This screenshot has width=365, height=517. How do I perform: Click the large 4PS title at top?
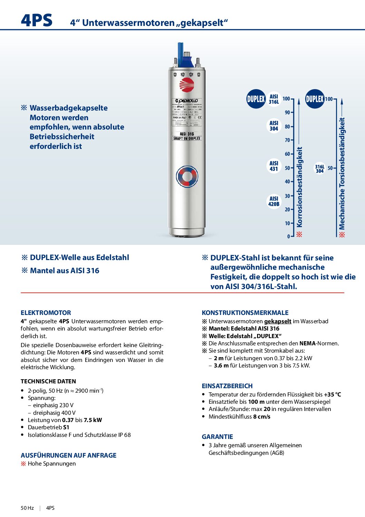coord(37,20)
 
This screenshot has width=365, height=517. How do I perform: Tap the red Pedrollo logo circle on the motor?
coord(187,85)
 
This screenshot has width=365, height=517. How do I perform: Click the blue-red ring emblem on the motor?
coord(187,176)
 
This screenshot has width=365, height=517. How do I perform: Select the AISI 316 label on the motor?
coord(187,134)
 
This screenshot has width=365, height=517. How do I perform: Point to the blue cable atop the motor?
coord(180,52)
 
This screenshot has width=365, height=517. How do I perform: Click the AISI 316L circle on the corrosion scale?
coord(274,99)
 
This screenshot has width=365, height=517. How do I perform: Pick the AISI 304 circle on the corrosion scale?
coord(274,126)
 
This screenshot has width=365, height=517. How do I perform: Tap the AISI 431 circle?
coord(274,166)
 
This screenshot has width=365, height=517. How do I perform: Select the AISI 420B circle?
coord(274,201)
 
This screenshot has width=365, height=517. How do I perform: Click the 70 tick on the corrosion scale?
coord(287,140)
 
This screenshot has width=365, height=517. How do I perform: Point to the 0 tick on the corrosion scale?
coord(289,237)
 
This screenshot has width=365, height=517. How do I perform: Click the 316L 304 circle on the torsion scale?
coord(320,169)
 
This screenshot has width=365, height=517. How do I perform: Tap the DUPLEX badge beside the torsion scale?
coord(315,99)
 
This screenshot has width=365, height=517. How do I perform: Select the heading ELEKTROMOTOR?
coord(46,313)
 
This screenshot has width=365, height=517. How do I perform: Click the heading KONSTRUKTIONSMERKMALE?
coord(245,313)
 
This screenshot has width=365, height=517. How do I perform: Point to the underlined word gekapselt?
coord(278,321)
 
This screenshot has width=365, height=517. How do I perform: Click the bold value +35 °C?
coord(332,394)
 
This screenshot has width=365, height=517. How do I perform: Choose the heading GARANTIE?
coord(217,437)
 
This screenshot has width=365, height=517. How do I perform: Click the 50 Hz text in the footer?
coord(27,508)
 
